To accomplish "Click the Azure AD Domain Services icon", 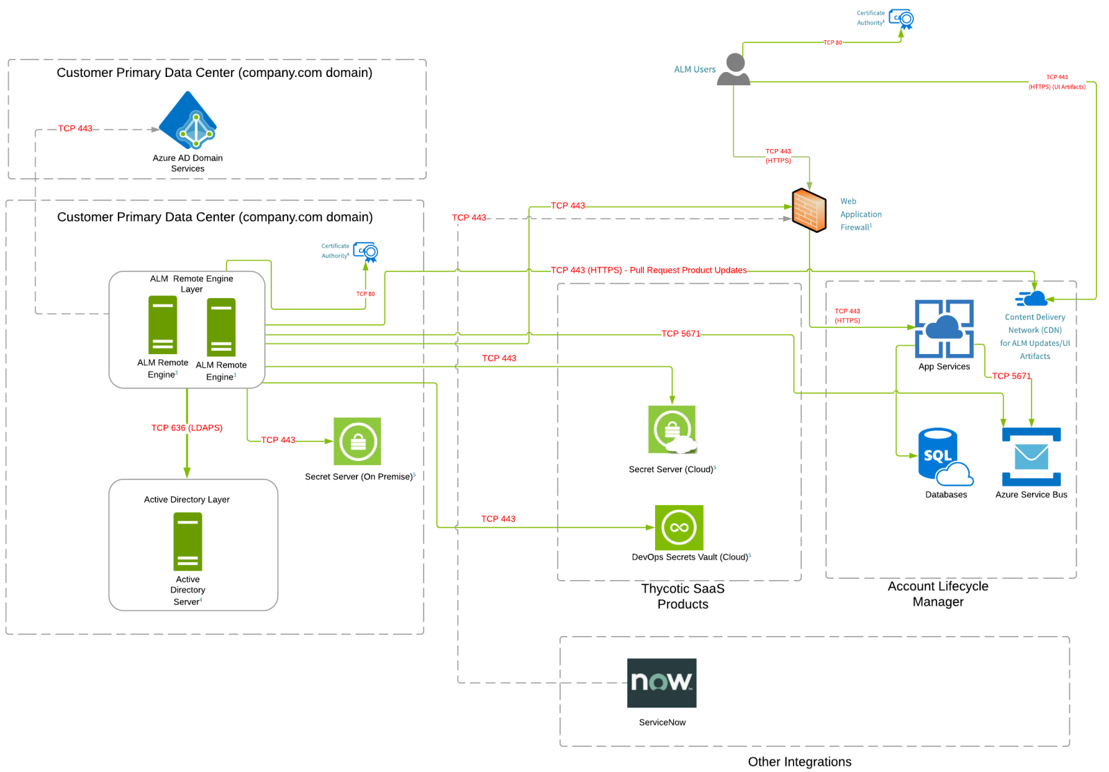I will [x=188, y=121].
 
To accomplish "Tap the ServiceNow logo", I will [x=661, y=683].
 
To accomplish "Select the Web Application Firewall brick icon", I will [x=809, y=210].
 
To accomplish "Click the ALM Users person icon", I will [x=734, y=70].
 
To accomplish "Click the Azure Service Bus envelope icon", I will [x=1031, y=457].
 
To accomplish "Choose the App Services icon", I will [x=944, y=328].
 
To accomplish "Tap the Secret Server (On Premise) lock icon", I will [x=358, y=441].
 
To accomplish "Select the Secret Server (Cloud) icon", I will [x=672, y=430].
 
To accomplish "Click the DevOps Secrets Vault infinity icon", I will [x=679, y=527].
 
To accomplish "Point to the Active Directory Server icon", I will [x=188, y=541].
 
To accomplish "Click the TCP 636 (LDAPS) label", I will [x=187, y=428].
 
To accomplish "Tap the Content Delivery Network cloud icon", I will [x=1033, y=299].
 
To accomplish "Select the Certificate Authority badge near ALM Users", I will [x=902, y=19].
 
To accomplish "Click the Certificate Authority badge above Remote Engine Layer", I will [x=365, y=252].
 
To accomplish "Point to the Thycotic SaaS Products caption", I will [x=683, y=596].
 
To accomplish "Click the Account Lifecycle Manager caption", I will [x=938, y=594].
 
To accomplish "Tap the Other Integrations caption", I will [x=799, y=762].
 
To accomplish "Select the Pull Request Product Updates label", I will [x=649, y=270].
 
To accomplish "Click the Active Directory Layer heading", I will [x=186, y=500].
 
